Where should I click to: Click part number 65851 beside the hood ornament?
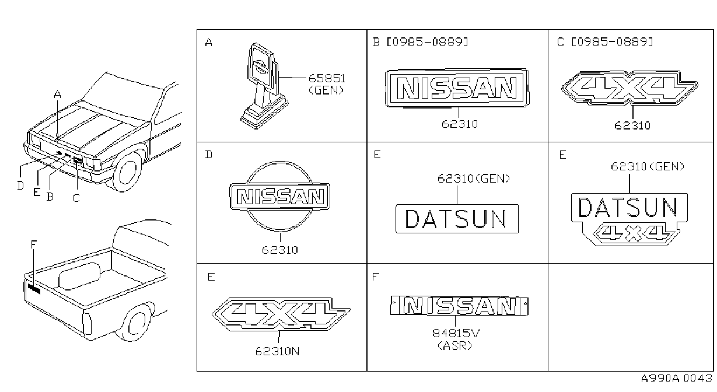point(327,78)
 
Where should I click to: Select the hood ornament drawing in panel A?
point(264,86)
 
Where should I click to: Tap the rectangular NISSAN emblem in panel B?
point(457,88)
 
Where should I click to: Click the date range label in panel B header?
point(427,42)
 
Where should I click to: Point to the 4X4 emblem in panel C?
point(629,88)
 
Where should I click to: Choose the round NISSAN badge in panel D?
point(280,196)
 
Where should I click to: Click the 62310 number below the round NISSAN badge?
point(280,250)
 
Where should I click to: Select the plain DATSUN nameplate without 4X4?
point(457,219)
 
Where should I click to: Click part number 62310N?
point(278,352)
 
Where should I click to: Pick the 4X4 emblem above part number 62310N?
point(281,314)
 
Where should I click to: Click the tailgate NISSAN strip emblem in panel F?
point(459,306)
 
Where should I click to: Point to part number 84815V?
point(456,334)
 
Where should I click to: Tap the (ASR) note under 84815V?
point(454,345)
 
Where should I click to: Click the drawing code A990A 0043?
point(677,379)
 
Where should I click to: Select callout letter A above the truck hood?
point(57,94)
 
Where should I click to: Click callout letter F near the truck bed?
point(34,244)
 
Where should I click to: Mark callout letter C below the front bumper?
point(76,198)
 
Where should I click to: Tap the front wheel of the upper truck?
point(128,171)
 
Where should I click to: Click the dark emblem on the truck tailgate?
point(34,289)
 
